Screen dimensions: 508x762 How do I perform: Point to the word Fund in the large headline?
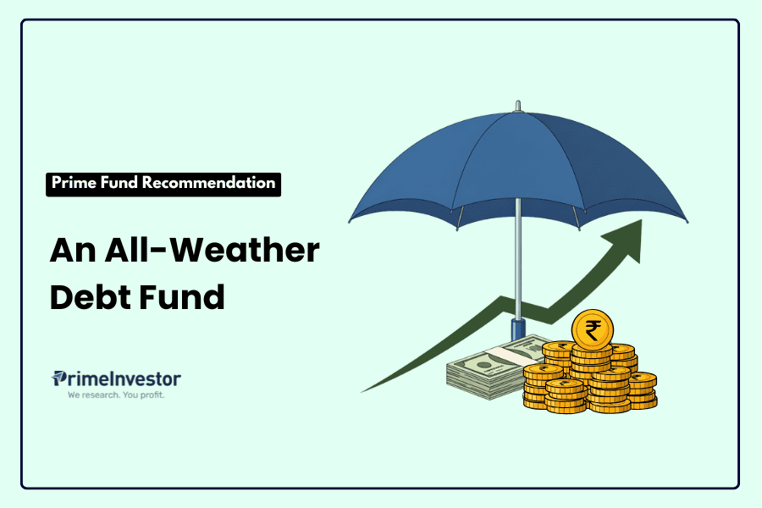pos(185,297)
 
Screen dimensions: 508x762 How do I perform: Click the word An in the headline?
pos(71,251)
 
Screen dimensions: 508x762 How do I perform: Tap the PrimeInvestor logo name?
pos(117,378)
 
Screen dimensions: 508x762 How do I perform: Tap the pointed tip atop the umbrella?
pos(516,105)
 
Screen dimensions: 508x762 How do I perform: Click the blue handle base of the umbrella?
pos(516,330)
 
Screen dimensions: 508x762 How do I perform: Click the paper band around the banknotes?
pos(508,356)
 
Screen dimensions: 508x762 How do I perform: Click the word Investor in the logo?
pos(144,378)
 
